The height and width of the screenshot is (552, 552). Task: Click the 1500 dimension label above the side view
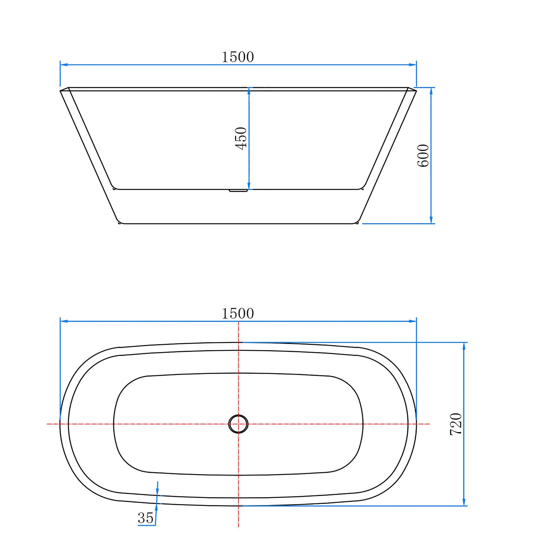[x=238, y=57]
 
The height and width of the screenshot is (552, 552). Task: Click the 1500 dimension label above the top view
[x=238, y=314]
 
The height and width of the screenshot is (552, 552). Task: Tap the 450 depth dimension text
[x=241, y=138]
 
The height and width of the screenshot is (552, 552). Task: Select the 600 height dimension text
[x=423, y=155]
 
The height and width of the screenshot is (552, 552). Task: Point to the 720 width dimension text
[x=456, y=424]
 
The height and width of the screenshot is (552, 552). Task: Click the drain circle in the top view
[x=238, y=424]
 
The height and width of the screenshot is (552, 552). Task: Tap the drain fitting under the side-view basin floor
[x=238, y=190]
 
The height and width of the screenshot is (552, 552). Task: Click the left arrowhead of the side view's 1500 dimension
[x=64, y=65]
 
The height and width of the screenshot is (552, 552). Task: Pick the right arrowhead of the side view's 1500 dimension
[x=413, y=65]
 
